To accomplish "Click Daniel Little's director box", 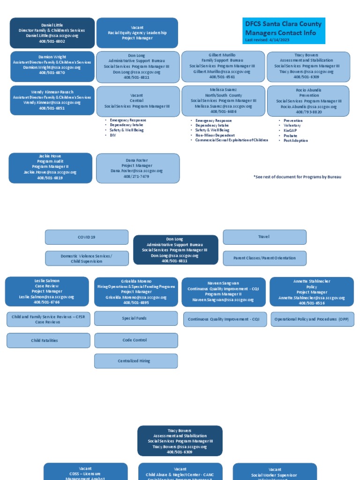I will tap(52, 33).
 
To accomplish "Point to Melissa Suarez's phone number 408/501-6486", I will tap(223, 112).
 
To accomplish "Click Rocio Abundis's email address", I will tap(308, 106).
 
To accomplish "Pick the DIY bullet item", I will tap(113, 135).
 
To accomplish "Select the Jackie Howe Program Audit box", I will tap(51, 167).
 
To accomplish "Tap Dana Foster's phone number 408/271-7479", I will tap(136, 176).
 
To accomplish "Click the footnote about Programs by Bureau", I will tap(297, 177).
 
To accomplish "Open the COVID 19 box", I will tap(87, 237).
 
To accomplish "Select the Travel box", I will tap(264, 237).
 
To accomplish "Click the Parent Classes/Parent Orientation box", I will tap(264, 258).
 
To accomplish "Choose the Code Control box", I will tap(135, 340).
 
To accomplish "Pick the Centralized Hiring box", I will tap(135, 361).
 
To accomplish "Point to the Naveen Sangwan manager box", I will tap(223, 292).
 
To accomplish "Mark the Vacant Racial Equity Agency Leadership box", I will tap(137, 33).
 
